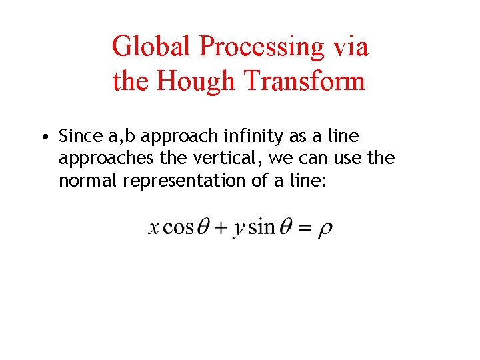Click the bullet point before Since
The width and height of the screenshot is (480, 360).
pyautogui.click(x=42, y=137)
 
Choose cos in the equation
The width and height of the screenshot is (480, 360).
pyautogui.click(x=178, y=227)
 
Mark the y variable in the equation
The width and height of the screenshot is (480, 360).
pyautogui.click(x=239, y=229)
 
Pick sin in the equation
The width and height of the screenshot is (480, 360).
pyautogui.click(x=261, y=227)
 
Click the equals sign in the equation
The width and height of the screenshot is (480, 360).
pyautogui.click(x=304, y=228)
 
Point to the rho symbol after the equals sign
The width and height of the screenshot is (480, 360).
pyautogui.click(x=325, y=229)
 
